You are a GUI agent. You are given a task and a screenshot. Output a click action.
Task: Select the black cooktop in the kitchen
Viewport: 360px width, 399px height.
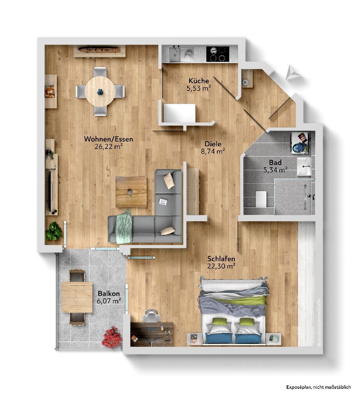click(218, 54)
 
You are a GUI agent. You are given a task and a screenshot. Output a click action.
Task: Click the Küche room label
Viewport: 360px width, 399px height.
click(199, 81)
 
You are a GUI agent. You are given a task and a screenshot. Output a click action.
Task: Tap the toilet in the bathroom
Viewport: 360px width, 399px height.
click(261, 199)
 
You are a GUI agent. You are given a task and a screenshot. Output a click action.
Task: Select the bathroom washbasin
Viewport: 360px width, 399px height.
click(303, 167)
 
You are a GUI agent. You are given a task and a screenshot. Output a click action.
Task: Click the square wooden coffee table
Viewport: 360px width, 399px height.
click(131, 192)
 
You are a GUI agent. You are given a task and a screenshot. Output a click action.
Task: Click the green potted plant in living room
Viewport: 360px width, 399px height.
click(54, 231)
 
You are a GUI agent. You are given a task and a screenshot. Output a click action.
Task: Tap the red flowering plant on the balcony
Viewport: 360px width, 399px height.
click(112, 337)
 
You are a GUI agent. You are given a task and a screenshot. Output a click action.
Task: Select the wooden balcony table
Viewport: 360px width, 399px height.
click(77, 297)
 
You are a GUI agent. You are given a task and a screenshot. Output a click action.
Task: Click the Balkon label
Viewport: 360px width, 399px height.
click(109, 294)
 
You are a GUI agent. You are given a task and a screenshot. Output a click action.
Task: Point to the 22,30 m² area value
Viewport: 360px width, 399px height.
click(221, 266)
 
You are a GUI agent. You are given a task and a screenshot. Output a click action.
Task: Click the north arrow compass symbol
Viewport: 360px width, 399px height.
click(292, 72)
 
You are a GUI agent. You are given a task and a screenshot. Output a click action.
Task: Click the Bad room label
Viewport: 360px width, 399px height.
click(275, 162)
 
